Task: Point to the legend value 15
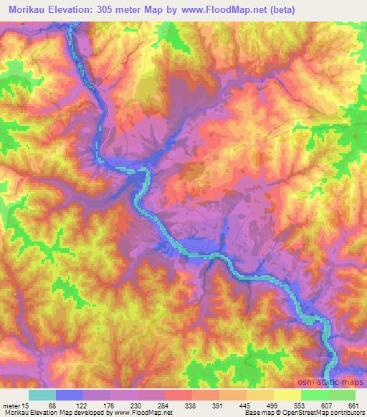(x=25, y=406)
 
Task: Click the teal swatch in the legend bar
(x=42, y=395)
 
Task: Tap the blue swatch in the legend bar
(x=70, y=395)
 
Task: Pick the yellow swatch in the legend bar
(x=287, y=395)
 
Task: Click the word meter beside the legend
(x=11, y=406)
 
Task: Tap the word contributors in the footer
(x=346, y=413)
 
